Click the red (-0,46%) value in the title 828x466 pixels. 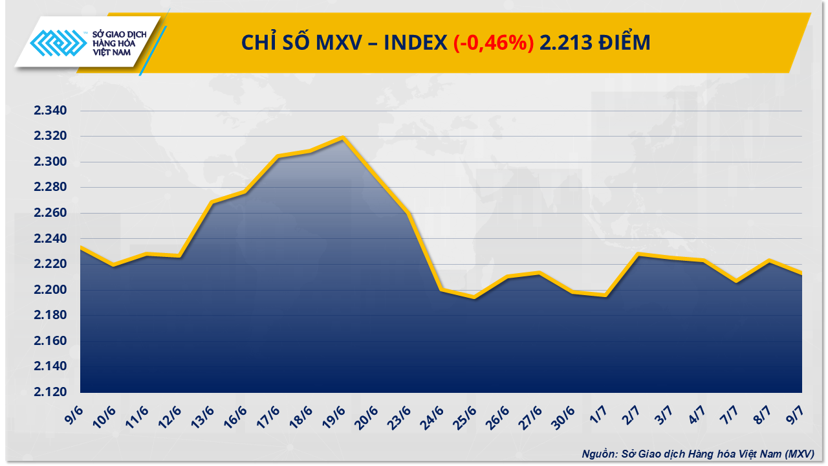[x=494, y=43]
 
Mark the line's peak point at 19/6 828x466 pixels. [x=343, y=137]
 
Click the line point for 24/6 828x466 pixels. [x=441, y=289]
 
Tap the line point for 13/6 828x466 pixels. [x=212, y=203]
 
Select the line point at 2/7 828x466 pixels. [x=638, y=254]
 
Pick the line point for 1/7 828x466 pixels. [x=605, y=295]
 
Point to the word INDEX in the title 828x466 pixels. [x=415, y=43]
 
